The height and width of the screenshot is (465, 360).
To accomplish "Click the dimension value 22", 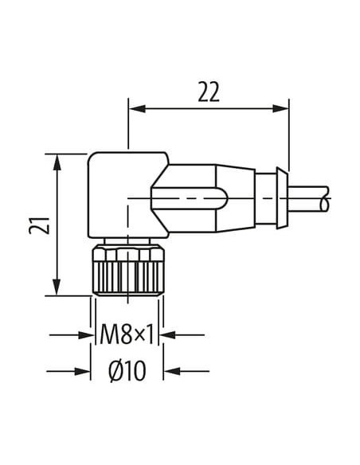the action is coord(209,92).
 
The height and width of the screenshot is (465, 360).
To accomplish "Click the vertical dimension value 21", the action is coord(39,225).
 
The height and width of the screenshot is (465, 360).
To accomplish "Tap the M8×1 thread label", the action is coord(127,334).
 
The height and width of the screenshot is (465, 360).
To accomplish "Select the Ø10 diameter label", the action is coord(127,370).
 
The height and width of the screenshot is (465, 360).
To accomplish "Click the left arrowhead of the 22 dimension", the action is coord(137,108).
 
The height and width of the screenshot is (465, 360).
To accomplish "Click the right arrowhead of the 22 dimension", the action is coord(280,108).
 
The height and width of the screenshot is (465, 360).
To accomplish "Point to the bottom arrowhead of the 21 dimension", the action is coord(57,287).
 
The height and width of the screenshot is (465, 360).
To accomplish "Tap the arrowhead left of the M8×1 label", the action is coord(86,335).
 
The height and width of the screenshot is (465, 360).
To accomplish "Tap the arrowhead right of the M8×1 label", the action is coord(167,335).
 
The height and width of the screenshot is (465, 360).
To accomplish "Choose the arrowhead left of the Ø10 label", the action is coord(82,371).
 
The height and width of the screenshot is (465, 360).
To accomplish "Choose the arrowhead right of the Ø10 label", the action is coord(172,371).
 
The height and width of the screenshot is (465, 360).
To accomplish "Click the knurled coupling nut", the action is coord(127,271).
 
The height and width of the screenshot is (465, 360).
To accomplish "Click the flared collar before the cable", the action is coord(282,198).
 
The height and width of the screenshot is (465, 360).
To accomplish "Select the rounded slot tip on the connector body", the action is coord(223,198).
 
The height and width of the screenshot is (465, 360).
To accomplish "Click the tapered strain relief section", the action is coord(236,198).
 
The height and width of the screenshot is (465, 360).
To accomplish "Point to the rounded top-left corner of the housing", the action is coord(91,156).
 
